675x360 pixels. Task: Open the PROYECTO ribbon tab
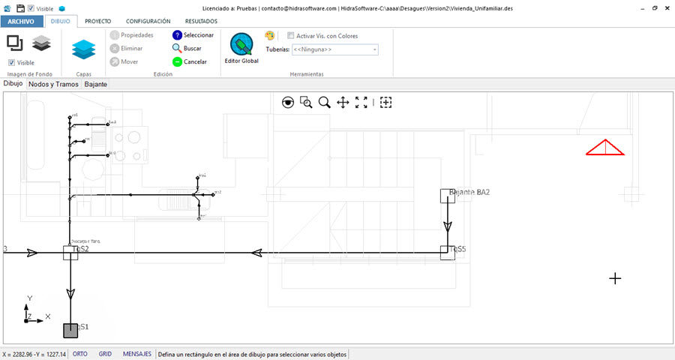[x=98, y=22]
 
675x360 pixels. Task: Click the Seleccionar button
[x=193, y=35]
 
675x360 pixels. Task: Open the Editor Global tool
[x=241, y=48]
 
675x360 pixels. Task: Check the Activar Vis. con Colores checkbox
[x=291, y=36]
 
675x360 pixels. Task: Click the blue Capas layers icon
[x=84, y=49]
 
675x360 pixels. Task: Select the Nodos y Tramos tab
[x=53, y=85]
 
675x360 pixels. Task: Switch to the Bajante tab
[x=95, y=85]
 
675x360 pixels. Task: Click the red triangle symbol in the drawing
[x=605, y=148]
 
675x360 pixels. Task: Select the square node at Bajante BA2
[x=447, y=196]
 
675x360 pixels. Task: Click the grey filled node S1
[x=70, y=330]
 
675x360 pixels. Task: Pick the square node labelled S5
[x=447, y=252]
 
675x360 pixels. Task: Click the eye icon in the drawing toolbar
[x=288, y=103]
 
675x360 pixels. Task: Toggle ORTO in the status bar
[x=79, y=354]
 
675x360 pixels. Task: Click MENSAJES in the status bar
[x=137, y=354]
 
